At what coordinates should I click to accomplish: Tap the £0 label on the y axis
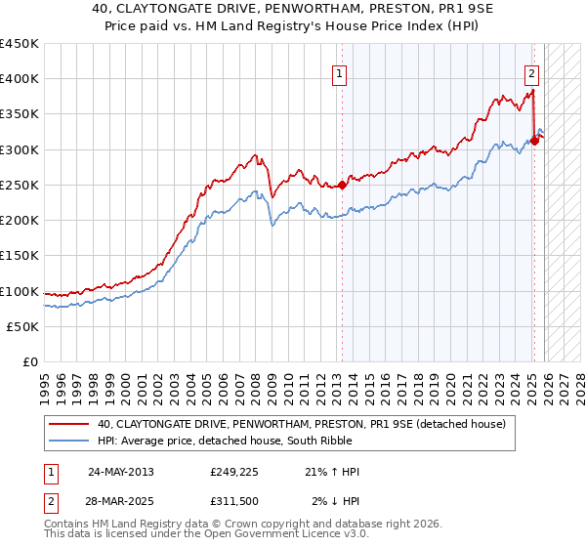[30, 362]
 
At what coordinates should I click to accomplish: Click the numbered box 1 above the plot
[339, 71]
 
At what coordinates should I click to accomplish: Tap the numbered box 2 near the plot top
[532, 71]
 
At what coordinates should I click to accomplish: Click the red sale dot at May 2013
[342, 186]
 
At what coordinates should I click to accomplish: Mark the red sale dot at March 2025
[534, 142]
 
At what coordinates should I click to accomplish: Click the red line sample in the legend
[70, 425]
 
